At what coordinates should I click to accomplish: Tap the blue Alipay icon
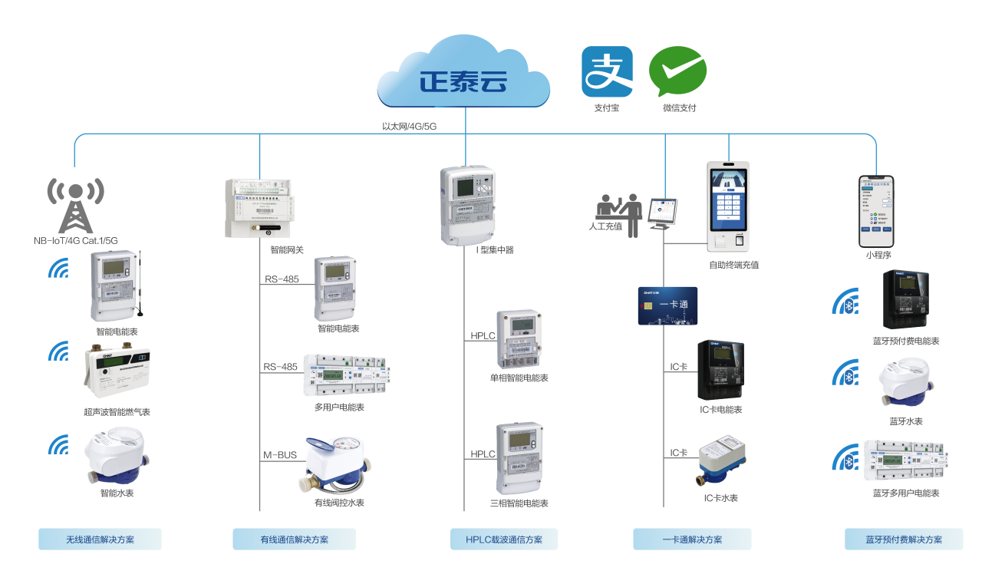point(607,71)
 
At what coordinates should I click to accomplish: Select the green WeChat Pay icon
point(677,71)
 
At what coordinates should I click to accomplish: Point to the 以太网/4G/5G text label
point(409,126)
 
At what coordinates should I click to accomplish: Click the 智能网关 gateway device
point(259,207)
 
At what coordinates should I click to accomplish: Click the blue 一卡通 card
point(667,305)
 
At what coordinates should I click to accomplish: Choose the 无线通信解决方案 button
point(100,539)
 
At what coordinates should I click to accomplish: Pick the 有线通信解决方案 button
point(294,539)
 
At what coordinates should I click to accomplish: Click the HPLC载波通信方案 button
point(503,539)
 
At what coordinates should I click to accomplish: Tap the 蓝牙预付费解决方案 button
point(904,539)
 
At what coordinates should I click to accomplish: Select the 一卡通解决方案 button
point(692,539)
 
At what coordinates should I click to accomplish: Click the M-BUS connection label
point(280,456)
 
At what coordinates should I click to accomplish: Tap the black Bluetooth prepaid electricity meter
point(905,300)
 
